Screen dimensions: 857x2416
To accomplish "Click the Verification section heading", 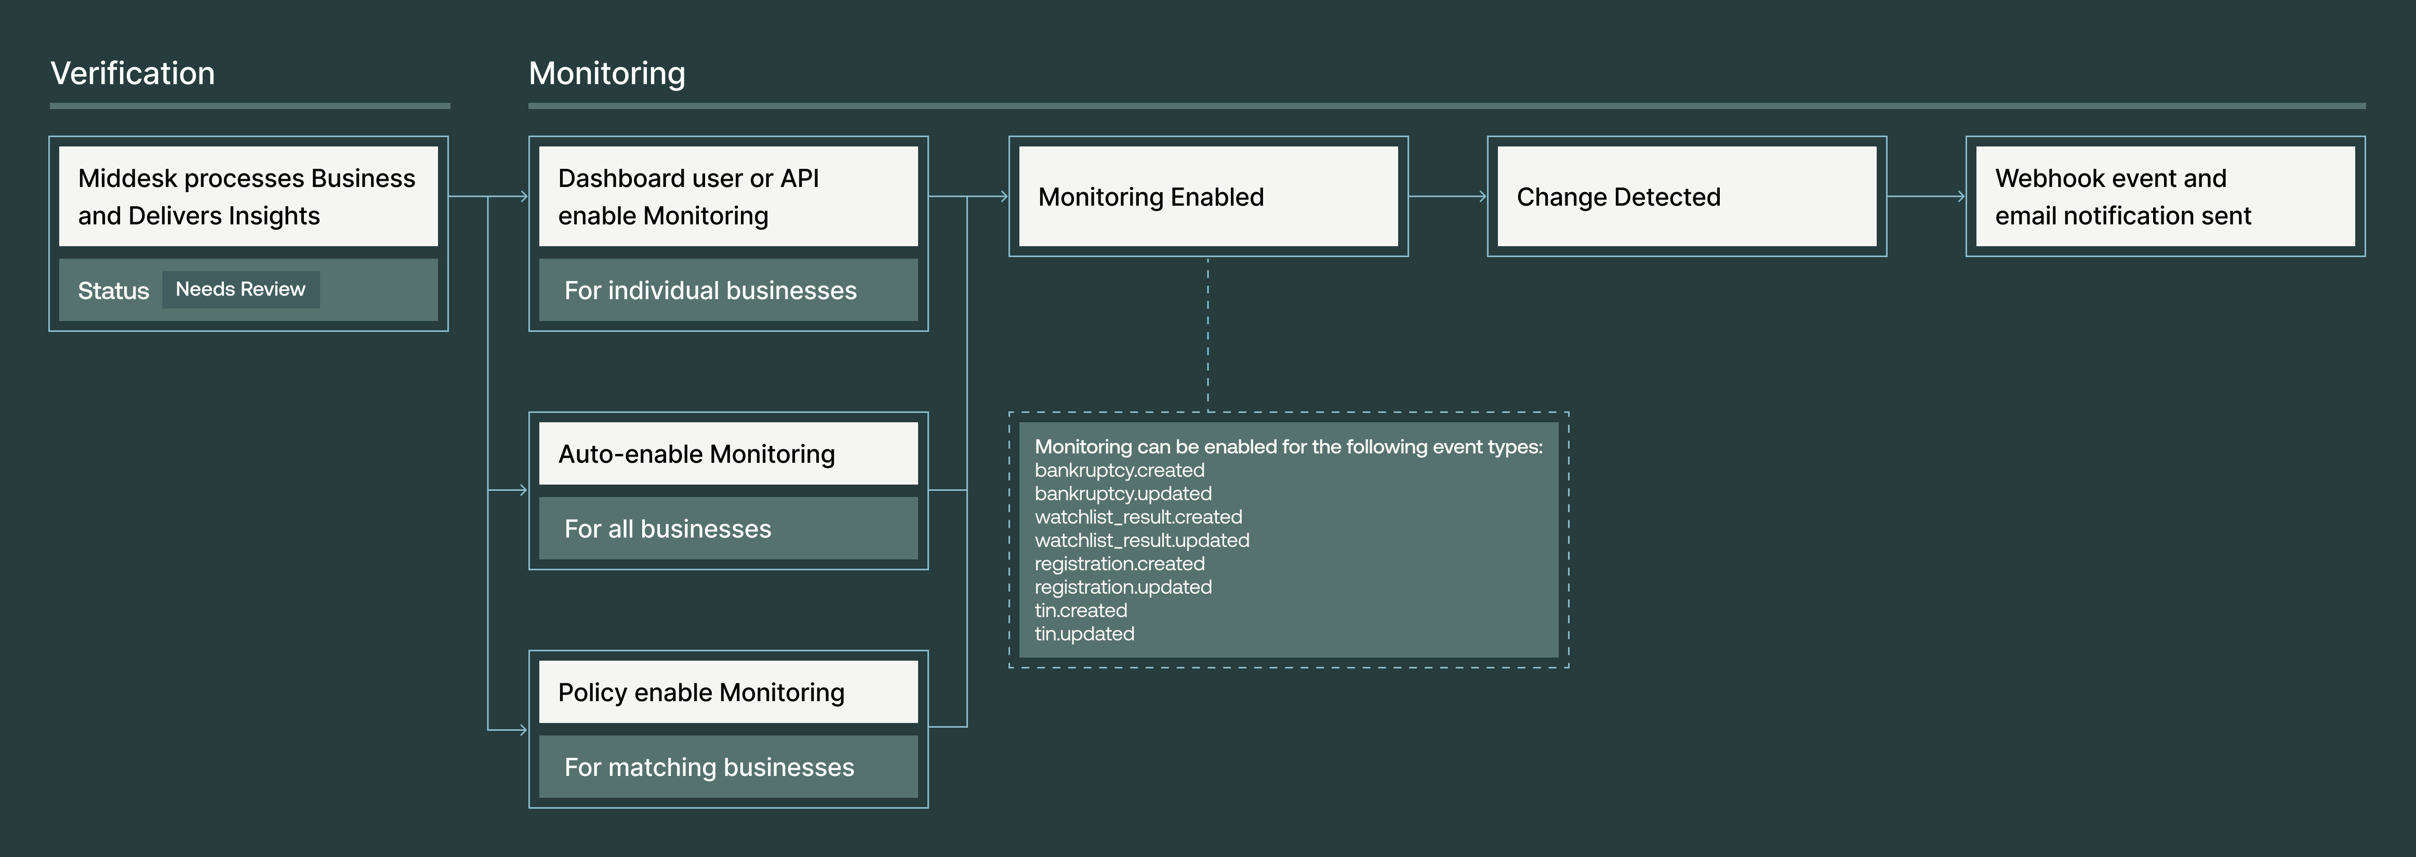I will [x=132, y=73].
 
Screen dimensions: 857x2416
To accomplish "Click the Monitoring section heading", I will [x=607, y=73].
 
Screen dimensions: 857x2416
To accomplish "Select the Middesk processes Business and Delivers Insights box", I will [x=248, y=197].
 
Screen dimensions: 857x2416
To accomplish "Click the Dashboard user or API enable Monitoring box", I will [x=728, y=197].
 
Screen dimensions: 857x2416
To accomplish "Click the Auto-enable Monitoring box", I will [x=728, y=454].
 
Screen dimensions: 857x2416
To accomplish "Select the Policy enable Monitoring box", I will [x=728, y=692].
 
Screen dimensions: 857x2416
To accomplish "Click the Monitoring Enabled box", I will [x=1208, y=197].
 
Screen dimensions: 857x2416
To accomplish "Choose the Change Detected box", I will [x=1687, y=197].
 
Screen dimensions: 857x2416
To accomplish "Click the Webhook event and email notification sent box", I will [x=2165, y=197].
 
